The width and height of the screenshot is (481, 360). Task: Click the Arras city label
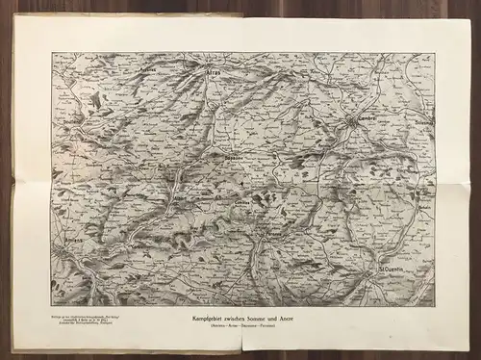pos(214,70)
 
